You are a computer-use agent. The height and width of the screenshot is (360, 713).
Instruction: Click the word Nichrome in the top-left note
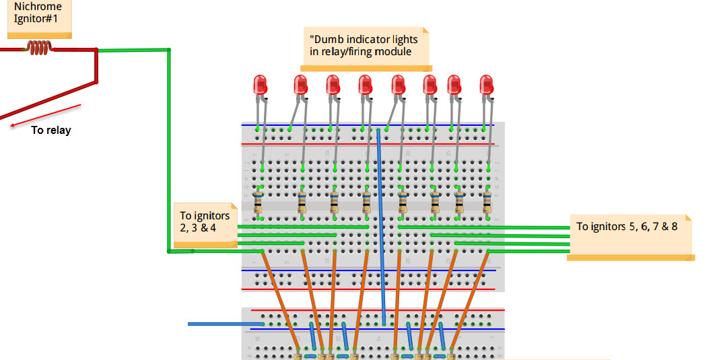[38, 7]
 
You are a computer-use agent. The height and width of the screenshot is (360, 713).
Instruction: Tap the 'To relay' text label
[50, 130]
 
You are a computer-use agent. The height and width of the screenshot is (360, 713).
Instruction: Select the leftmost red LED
[260, 85]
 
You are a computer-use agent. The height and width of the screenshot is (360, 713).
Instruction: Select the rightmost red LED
[486, 85]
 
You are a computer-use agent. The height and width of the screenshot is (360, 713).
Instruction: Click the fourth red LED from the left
[365, 85]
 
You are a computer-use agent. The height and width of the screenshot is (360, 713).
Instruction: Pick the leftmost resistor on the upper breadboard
[259, 203]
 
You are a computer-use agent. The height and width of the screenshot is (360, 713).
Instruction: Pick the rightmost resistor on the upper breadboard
[486, 203]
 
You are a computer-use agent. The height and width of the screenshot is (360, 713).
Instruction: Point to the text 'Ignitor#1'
[36, 18]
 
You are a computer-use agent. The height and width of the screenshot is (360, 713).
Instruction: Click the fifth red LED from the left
[398, 85]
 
